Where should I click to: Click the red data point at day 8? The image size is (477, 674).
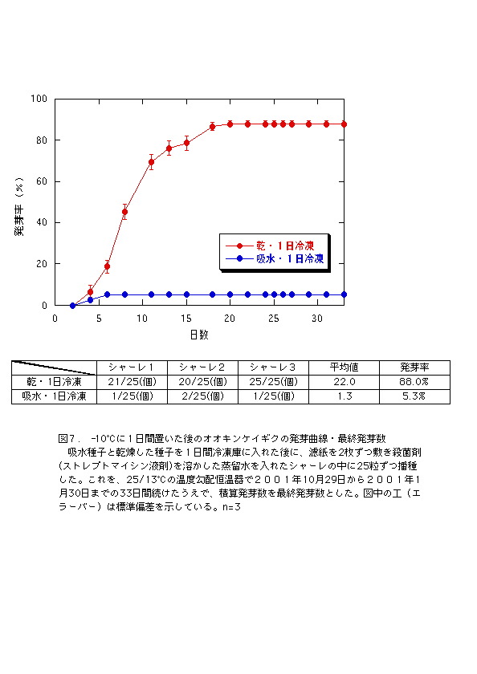pyautogui.click(x=124, y=212)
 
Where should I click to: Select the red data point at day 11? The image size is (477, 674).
pyautogui.click(x=152, y=162)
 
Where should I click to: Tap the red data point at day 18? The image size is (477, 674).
pyautogui.click(x=213, y=127)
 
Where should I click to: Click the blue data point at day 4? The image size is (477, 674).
pyautogui.click(x=90, y=300)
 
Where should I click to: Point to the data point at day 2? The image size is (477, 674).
pyautogui.click(x=73, y=306)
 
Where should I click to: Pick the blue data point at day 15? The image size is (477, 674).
pyautogui.click(x=186, y=294)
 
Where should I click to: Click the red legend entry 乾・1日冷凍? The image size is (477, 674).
pyautogui.click(x=270, y=246)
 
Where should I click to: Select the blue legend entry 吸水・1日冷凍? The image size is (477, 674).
pyautogui.click(x=275, y=258)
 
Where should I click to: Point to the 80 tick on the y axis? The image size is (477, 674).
pyautogui.click(x=42, y=140)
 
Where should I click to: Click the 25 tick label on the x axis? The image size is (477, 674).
pyautogui.click(x=274, y=319)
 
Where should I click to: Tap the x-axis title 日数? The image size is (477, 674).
pyautogui.click(x=199, y=335)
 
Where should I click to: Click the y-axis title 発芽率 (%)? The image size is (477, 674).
pyautogui.click(x=18, y=207)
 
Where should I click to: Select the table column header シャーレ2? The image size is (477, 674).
pyautogui.click(x=202, y=367)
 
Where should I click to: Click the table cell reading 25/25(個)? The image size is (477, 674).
pyautogui.click(x=273, y=382)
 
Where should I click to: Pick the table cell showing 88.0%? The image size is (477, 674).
pyautogui.click(x=414, y=382)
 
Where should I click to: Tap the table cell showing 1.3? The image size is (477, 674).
pyautogui.click(x=344, y=396)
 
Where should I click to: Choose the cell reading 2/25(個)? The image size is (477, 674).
pyautogui.click(x=202, y=396)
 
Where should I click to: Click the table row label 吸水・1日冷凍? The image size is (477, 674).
pyautogui.click(x=54, y=396)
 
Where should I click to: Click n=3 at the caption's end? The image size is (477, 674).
pyautogui.click(x=231, y=507)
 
